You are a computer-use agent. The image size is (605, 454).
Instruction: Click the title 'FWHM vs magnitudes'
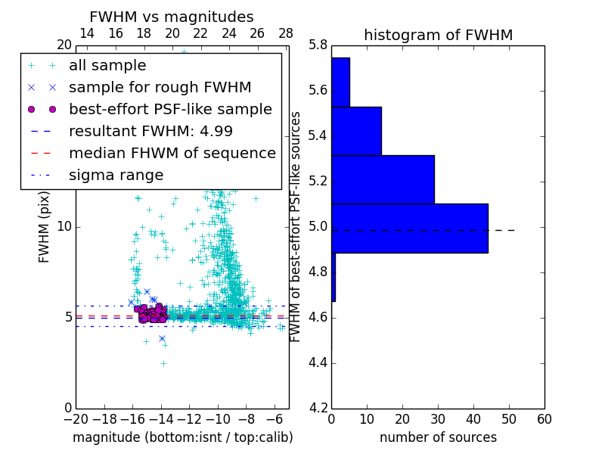point(172,17)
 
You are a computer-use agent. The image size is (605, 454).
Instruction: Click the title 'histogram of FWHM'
point(438,35)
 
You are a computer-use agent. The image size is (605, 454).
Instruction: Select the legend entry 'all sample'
point(107,66)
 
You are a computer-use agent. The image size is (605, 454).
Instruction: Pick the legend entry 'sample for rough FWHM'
point(160,88)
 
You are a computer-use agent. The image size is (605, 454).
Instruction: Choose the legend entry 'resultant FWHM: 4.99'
point(150,131)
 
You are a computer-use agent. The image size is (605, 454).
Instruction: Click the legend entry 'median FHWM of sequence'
point(172,153)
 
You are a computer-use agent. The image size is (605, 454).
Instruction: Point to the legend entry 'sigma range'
point(116,175)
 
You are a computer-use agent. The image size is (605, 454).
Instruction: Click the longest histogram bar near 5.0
point(409,228)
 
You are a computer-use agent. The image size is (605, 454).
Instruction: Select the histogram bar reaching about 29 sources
point(383,179)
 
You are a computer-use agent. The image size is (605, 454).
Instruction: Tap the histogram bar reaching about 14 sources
point(356,131)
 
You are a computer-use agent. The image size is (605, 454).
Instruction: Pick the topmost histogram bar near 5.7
point(340,82)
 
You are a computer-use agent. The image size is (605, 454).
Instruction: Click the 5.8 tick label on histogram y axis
point(318,45)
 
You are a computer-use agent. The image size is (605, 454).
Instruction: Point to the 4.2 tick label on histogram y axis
point(318,408)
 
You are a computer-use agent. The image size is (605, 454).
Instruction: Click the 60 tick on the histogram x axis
point(544,418)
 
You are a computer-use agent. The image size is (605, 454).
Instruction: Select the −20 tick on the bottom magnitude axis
point(75,418)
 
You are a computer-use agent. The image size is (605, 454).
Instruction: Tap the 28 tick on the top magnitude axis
point(286,33)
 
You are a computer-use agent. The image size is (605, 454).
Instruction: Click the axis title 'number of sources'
point(438,437)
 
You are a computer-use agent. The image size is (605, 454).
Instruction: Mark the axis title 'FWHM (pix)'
point(45,227)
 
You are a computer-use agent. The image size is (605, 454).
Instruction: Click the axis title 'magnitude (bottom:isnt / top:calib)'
point(182,437)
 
